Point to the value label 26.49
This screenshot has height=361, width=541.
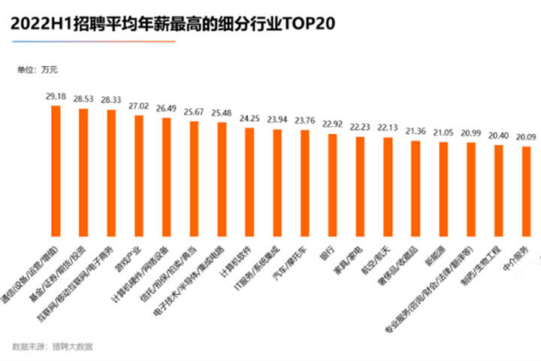167,108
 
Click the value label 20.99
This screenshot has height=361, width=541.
471,132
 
